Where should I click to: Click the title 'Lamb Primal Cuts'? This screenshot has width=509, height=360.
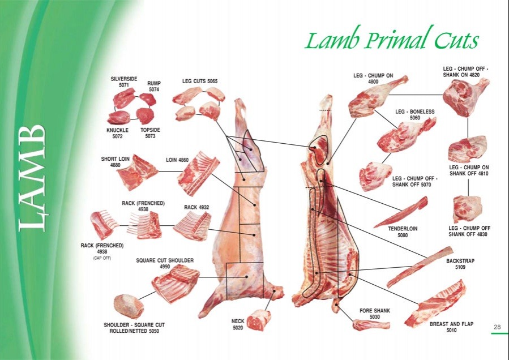(x=391, y=40)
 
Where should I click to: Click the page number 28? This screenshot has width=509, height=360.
(x=497, y=327)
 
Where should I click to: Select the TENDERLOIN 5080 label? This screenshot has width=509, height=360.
(x=403, y=232)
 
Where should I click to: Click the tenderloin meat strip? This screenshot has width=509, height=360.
(x=401, y=212)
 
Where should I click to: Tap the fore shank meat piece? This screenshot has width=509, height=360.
(x=370, y=324)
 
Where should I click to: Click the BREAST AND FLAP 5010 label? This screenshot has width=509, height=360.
(x=451, y=327)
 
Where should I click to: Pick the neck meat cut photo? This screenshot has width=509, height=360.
(x=259, y=319)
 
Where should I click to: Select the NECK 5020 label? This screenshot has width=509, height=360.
(x=238, y=324)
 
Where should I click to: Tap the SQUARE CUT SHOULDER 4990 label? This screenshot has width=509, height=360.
(x=165, y=263)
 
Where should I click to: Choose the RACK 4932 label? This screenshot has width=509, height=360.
(x=196, y=208)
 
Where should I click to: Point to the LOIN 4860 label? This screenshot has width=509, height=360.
(x=177, y=160)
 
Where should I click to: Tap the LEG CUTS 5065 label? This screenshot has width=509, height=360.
(x=199, y=82)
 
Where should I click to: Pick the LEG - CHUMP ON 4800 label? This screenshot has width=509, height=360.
(x=373, y=78)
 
